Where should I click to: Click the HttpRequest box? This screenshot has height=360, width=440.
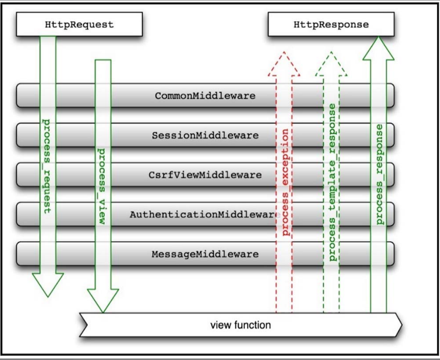(x=79, y=24)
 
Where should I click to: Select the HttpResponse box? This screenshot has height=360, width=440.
(x=331, y=24)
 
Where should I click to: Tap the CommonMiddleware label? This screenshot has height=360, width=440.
(x=205, y=96)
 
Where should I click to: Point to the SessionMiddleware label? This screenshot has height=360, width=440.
(x=205, y=135)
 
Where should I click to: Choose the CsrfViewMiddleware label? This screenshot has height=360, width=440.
(x=205, y=175)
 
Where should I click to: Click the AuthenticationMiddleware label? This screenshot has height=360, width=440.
(x=204, y=215)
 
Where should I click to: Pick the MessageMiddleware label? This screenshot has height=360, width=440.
(x=205, y=254)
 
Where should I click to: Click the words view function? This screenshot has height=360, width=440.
(x=241, y=325)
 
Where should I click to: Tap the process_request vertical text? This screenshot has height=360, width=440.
(x=47, y=166)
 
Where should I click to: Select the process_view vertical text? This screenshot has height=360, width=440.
(x=102, y=186)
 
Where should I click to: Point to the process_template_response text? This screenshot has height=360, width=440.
(x=332, y=182)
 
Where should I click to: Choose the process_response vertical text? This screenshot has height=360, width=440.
(x=379, y=175)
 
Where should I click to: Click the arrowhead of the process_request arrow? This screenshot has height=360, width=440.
(x=48, y=285)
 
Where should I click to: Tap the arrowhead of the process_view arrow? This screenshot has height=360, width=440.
(x=103, y=301)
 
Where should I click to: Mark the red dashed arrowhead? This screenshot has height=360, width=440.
(x=284, y=64)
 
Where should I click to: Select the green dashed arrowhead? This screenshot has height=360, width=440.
(x=331, y=64)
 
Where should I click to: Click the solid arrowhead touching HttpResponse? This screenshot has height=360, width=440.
(x=379, y=48)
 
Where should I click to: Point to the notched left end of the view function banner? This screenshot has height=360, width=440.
(x=87, y=325)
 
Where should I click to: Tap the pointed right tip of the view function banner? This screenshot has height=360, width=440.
(x=402, y=325)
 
